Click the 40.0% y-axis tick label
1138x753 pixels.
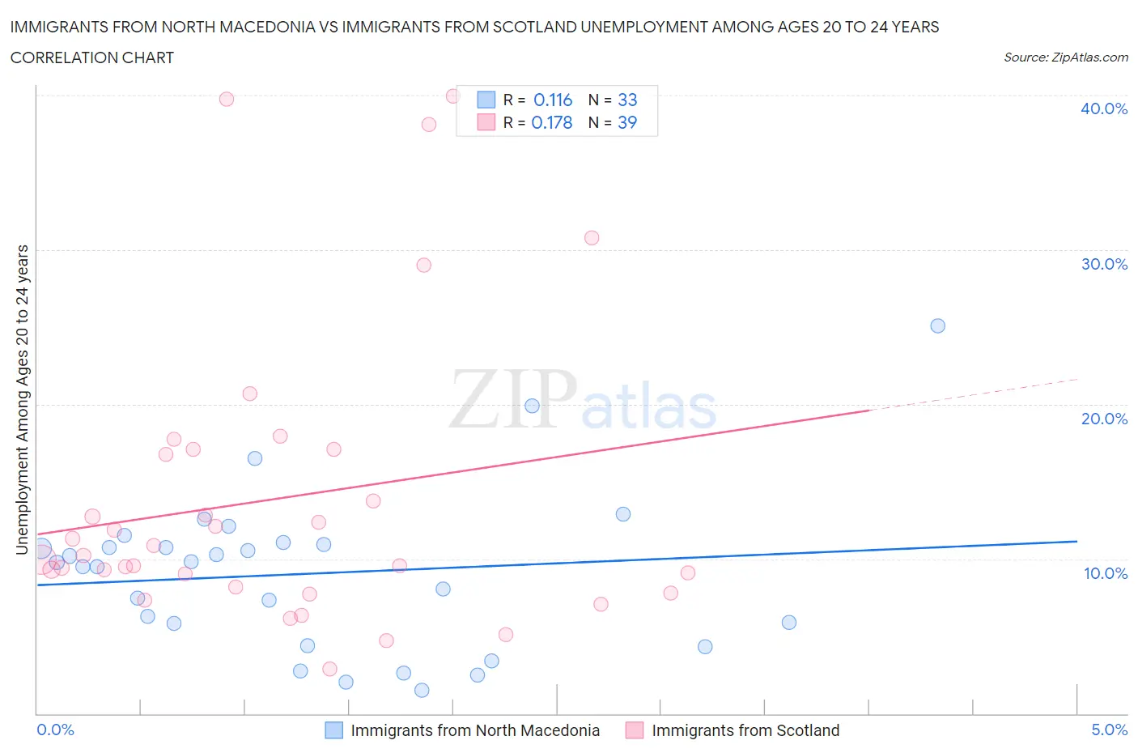pyautogui.click(x=1103, y=108)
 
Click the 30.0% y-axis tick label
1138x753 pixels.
pyautogui.click(x=1103, y=264)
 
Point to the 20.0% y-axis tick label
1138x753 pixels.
pyautogui.click(x=1103, y=419)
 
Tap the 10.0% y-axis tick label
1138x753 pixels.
pyautogui.click(x=1105, y=573)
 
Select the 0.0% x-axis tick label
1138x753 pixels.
pyautogui.click(x=55, y=730)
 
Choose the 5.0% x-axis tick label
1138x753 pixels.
pyautogui.click(x=1109, y=730)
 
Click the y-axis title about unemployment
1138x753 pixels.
pyautogui.click(x=22, y=400)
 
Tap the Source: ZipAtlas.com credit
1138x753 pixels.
pyautogui.click(x=1065, y=57)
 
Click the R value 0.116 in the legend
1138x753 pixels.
pyautogui.click(x=553, y=100)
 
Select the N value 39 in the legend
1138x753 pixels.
pyautogui.click(x=627, y=122)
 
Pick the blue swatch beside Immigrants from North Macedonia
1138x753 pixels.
pyautogui.click(x=333, y=730)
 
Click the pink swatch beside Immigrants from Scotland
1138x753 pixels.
pyautogui.click(x=635, y=730)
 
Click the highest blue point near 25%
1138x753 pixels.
pyautogui.click(x=937, y=325)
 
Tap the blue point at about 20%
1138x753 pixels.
pyautogui.click(x=532, y=406)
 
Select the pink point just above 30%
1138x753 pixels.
pyautogui.click(x=592, y=237)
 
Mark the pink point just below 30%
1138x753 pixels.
pyautogui.click(x=423, y=265)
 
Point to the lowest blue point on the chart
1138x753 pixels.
pyautogui.click(x=422, y=690)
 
